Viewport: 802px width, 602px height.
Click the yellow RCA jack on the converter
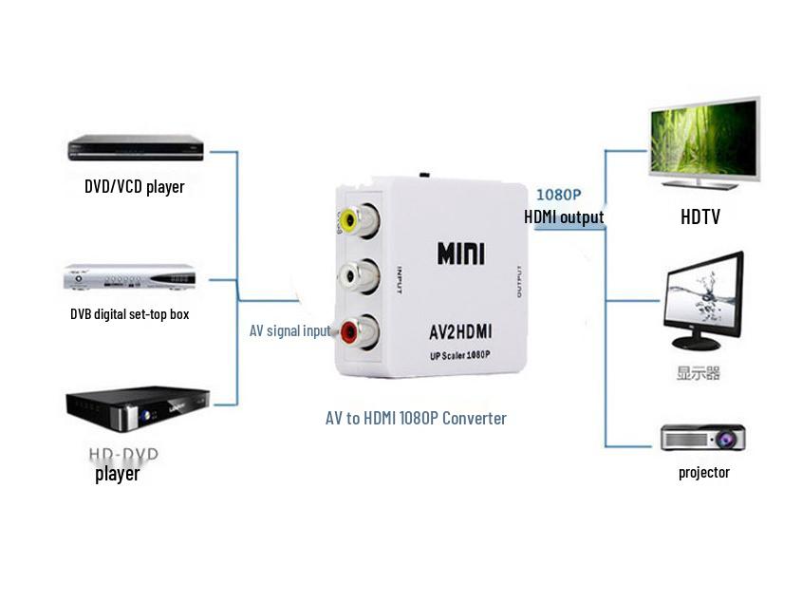350,222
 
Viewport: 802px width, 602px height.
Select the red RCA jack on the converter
351,332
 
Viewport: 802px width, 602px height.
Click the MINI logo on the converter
460,254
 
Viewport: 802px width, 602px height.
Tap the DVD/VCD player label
134,186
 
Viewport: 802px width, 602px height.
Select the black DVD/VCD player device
136,148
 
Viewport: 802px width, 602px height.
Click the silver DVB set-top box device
129,277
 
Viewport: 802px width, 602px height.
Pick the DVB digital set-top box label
129,313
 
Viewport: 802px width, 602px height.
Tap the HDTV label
699,217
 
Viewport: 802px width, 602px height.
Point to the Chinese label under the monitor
698,373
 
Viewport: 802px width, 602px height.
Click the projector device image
702,438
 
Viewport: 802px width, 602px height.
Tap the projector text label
703,472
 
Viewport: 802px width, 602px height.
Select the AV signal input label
289,330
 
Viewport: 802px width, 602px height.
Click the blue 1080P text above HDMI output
559,195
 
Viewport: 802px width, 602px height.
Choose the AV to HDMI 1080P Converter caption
416,418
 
